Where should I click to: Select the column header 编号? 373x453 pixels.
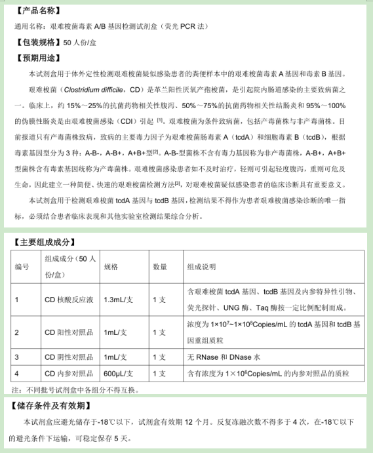[x=22, y=267]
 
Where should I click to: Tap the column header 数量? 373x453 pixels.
[x=160, y=267]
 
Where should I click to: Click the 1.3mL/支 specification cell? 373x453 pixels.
[x=119, y=300]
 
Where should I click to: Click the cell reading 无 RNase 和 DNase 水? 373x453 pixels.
[x=224, y=357]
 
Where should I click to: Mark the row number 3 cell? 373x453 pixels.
[x=17, y=357]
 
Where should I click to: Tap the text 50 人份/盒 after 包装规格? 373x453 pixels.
[x=82, y=43]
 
